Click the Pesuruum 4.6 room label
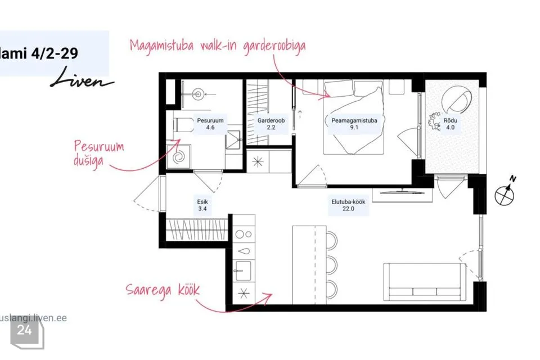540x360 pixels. click(210, 124)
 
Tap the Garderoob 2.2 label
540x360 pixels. click(271, 124)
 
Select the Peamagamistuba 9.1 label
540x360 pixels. click(354, 124)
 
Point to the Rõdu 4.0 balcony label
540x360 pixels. click(450, 124)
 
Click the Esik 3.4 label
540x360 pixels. click(202, 205)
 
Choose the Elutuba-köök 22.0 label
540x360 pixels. click(348, 205)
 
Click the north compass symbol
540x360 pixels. click(505, 192)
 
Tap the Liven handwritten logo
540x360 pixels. click(82, 78)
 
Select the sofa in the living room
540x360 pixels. click(424, 282)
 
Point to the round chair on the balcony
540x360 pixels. click(457, 98)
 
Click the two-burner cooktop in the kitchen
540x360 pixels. click(244, 234)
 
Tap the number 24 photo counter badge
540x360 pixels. click(24, 330)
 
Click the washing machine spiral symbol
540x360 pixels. click(179, 157)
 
